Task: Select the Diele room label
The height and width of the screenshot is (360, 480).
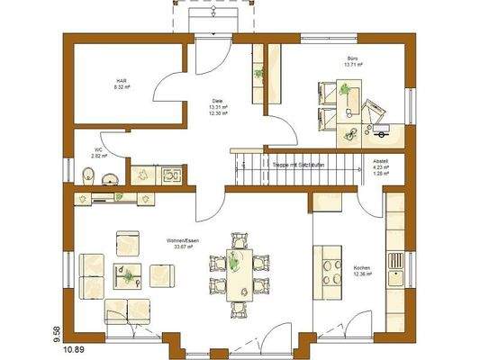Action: (217, 101)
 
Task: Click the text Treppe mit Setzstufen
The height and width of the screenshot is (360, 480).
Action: (298, 164)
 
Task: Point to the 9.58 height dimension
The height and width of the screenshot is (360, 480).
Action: (56, 334)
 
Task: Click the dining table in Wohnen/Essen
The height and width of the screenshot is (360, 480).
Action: (240, 274)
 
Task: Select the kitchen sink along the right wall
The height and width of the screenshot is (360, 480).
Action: (394, 261)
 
